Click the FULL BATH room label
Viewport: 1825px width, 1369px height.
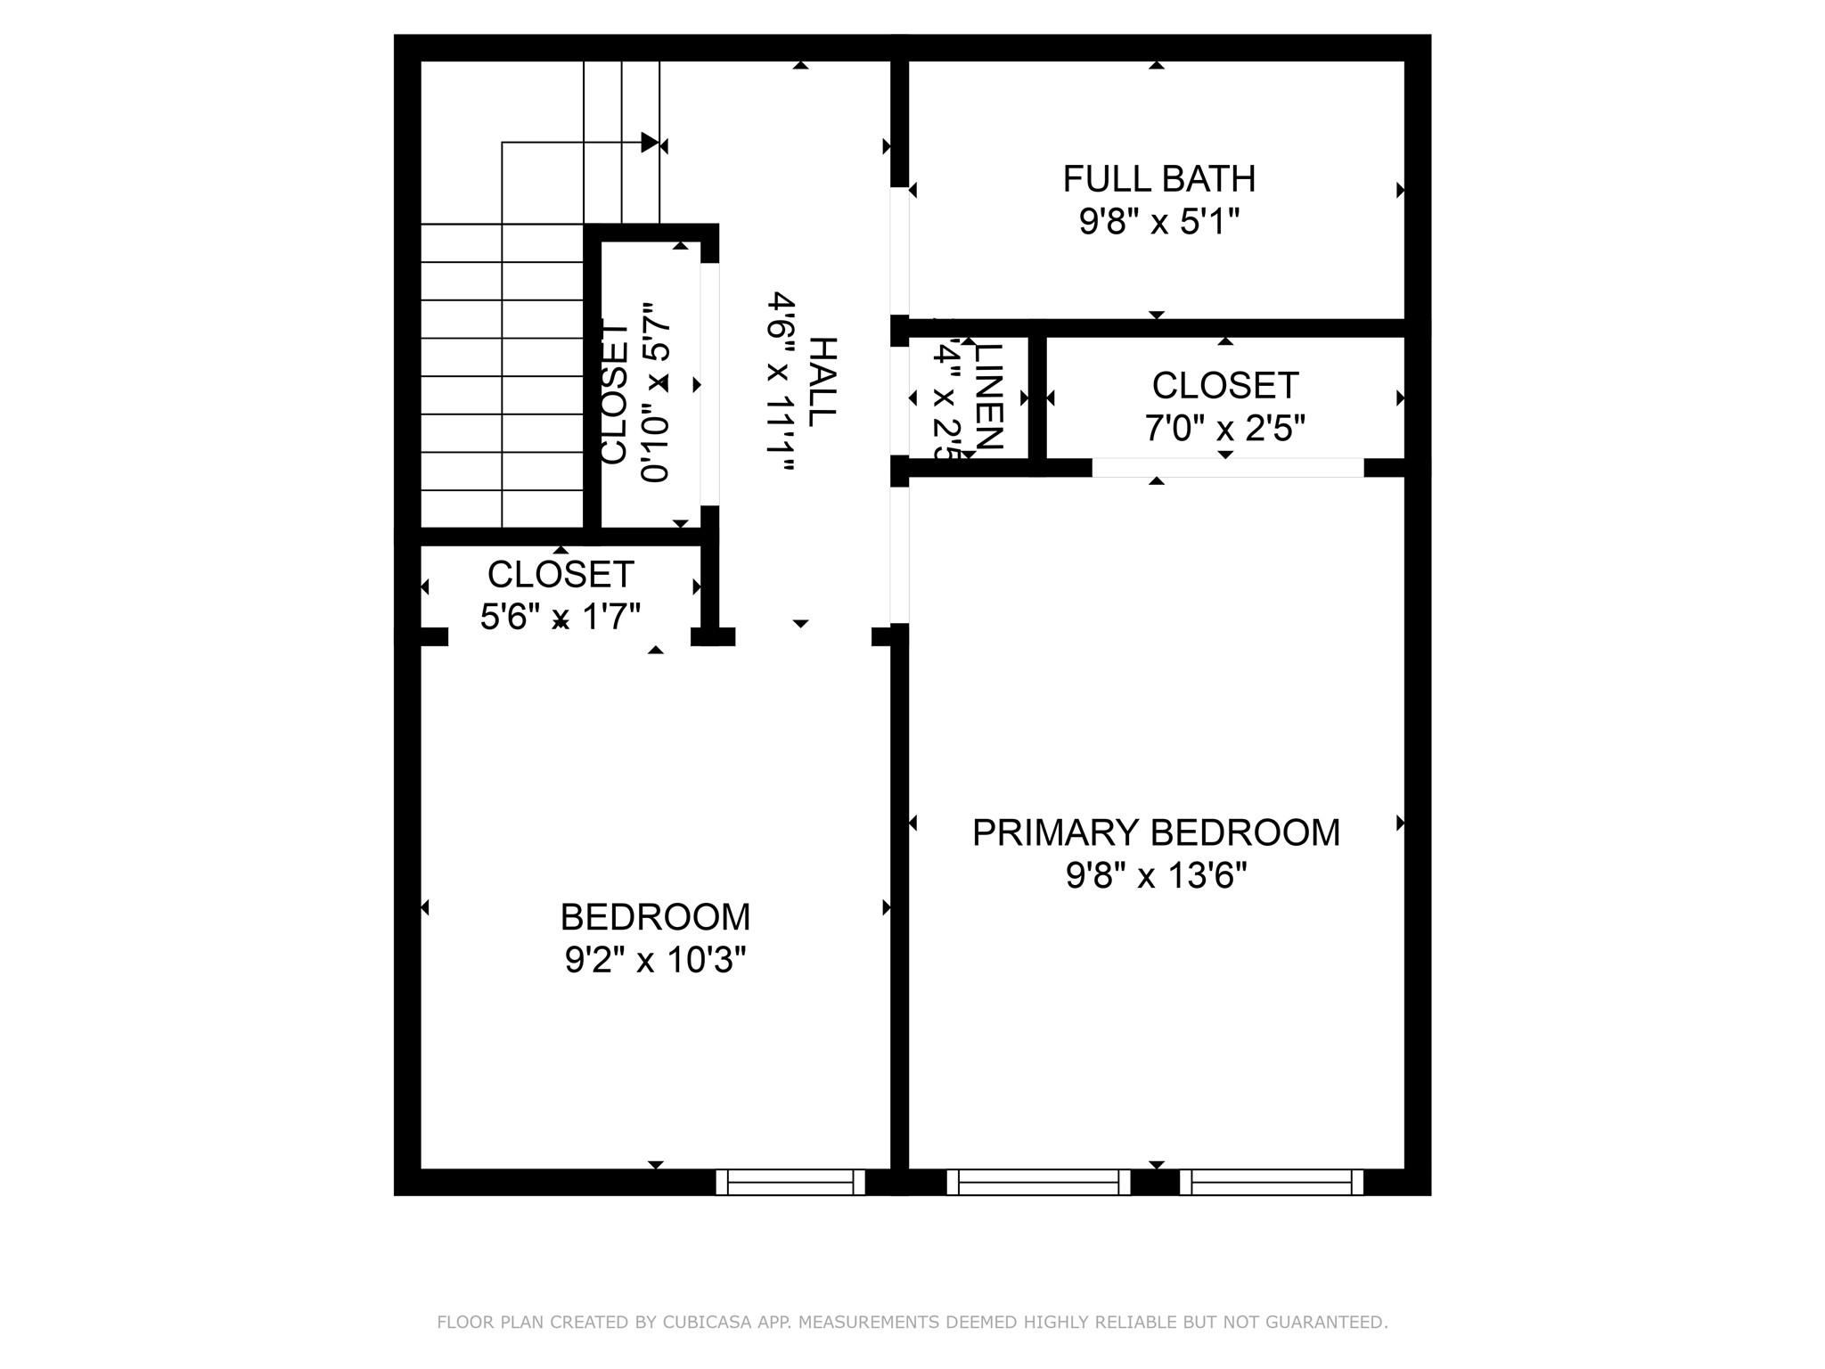(x=1158, y=179)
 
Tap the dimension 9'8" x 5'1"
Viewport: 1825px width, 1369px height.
(x=1158, y=222)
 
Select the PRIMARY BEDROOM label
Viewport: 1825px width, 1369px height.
(x=1156, y=832)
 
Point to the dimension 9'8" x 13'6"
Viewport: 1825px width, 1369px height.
(x=1156, y=876)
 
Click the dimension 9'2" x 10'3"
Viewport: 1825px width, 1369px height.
(x=655, y=961)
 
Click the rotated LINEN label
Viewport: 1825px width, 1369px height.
(x=989, y=397)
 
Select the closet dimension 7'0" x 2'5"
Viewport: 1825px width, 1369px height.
(x=1224, y=430)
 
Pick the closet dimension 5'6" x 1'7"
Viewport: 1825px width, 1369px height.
(x=561, y=617)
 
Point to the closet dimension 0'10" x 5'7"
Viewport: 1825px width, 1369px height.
(x=655, y=392)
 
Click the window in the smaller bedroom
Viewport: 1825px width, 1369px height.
(x=790, y=1182)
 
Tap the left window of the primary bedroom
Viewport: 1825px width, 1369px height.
(x=1038, y=1182)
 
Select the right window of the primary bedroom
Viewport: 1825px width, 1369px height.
(x=1272, y=1182)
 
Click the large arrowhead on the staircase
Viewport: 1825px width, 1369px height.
(x=650, y=143)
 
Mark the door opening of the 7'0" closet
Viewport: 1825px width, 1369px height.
(x=1227, y=467)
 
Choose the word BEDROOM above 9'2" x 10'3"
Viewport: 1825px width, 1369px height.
(x=655, y=917)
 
